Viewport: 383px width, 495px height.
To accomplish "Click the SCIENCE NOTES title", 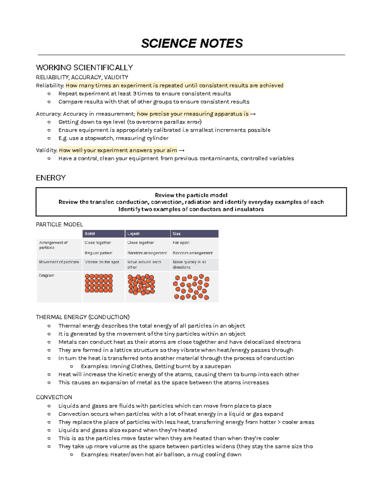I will [x=192, y=43].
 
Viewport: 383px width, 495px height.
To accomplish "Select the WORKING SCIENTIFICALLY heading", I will [x=84, y=68].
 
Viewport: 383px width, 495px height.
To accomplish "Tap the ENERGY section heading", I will [x=51, y=178].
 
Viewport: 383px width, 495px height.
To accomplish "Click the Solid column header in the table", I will [x=90, y=234].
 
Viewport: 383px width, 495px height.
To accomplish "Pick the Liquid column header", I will [x=133, y=234].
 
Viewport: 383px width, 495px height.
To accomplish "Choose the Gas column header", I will [x=176, y=234].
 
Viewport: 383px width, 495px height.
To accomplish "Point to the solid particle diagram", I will [x=99, y=283].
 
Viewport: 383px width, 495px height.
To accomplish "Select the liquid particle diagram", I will [x=141, y=284].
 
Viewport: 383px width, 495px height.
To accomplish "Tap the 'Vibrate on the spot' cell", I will [x=102, y=262].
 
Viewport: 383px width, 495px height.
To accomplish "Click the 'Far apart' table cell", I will [x=181, y=243].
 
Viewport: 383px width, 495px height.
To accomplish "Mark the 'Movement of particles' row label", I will [x=59, y=262].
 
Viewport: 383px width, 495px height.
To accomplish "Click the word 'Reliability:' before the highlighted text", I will [x=50, y=85].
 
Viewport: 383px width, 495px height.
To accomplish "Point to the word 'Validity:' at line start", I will [x=47, y=150].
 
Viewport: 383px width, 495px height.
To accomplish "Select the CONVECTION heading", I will [x=54, y=397].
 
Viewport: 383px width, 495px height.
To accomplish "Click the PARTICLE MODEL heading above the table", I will [x=59, y=224].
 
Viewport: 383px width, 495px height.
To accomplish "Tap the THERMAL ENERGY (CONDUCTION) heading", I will [x=83, y=317].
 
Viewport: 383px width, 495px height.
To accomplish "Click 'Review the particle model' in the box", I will [x=191, y=195].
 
